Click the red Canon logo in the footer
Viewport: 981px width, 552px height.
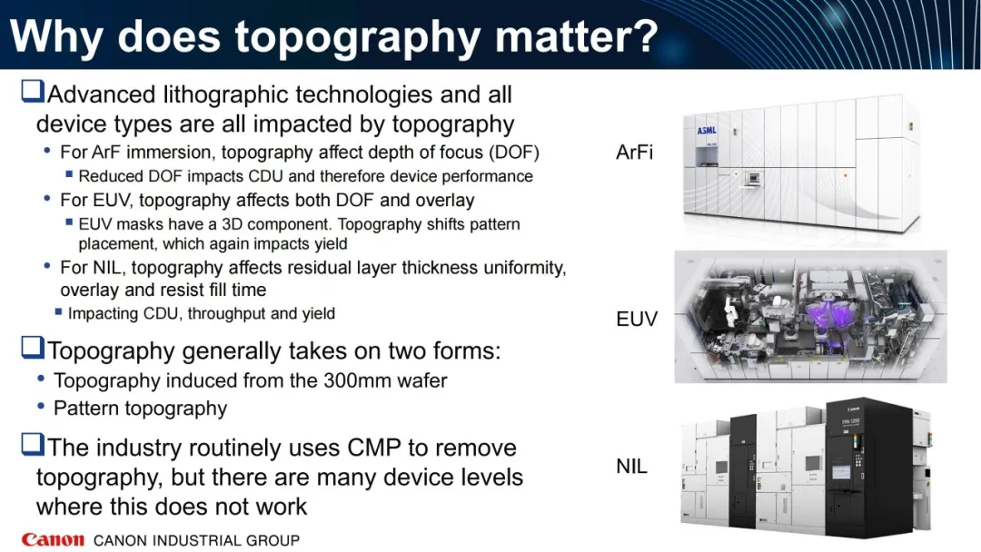pos(53,539)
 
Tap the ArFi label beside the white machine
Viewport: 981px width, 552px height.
pos(634,152)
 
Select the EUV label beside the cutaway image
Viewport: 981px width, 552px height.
pos(637,319)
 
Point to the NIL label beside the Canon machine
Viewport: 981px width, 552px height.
pos(631,467)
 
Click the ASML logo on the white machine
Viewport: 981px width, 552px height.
pos(707,130)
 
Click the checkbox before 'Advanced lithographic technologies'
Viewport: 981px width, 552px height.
pos(33,91)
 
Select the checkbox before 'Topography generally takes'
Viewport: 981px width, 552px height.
pos(33,347)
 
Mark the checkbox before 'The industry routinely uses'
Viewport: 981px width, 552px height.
pos(33,444)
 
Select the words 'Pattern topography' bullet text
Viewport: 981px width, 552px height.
pos(140,409)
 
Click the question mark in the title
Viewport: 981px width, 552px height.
pos(644,35)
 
